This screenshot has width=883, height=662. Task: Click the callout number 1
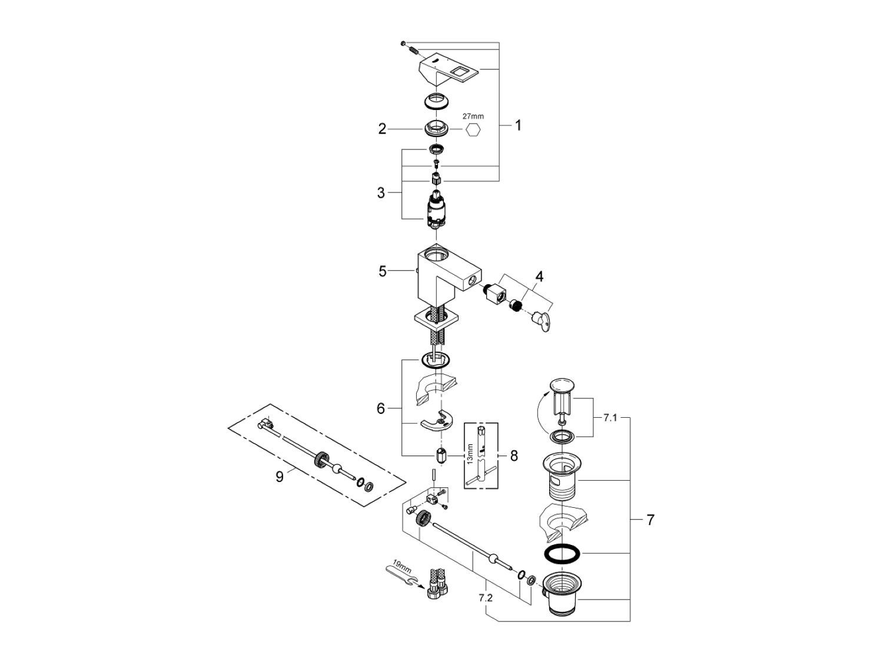[518, 125]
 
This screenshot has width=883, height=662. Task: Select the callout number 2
[383, 129]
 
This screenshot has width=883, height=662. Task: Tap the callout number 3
[381, 192]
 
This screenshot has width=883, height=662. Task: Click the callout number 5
[383, 271]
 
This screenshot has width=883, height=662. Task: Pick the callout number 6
[381, 408]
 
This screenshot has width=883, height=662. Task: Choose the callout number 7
[650, 520]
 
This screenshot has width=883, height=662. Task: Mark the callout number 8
[514, 455]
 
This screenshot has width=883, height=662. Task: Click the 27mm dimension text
[473, 117]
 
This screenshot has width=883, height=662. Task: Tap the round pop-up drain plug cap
[561, 386]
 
